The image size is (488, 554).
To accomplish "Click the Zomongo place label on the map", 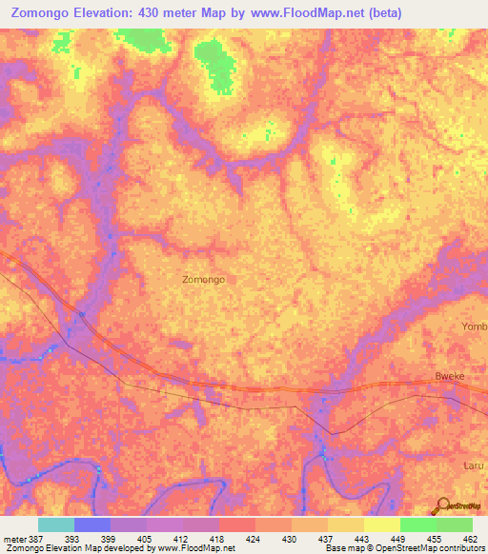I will pos(203,280).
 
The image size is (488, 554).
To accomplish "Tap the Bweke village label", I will pos(449,376).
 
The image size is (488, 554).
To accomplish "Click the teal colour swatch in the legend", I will pos(56,524).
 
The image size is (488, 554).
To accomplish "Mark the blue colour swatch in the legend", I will pos(92,524).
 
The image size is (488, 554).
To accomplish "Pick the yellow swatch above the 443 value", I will pos(346,524).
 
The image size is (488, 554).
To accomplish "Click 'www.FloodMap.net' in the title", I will pos(295,13).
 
